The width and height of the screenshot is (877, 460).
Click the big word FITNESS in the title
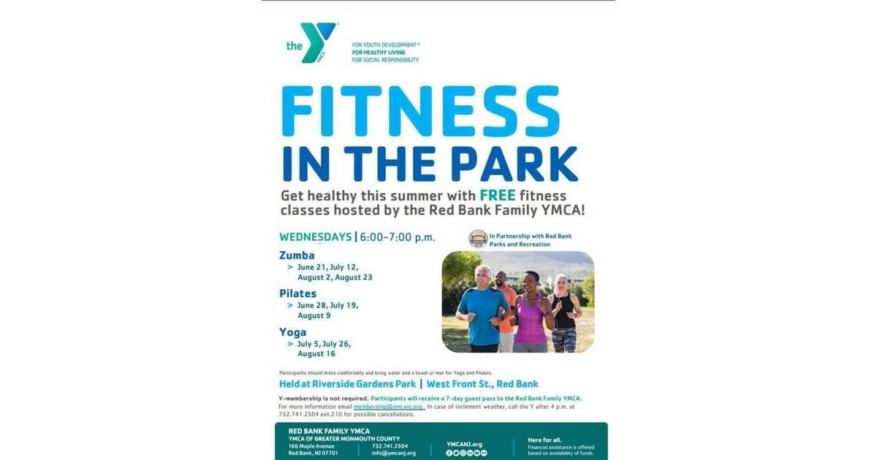[x=420, y=111]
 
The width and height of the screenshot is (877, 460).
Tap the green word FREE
[x=497, y=196]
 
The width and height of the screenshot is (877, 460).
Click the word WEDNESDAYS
[x=315, y=237]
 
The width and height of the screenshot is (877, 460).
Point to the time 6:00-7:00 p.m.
[x=398, y=237]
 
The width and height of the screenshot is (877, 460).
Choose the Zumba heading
[x=297, y=256]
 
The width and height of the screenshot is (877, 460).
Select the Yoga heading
[x=292, y=332]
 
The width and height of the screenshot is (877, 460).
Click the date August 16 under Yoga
[x=316, y=354]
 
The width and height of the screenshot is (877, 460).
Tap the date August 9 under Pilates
[x=314, y=315]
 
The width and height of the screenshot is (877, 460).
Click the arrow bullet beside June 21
[x=290, y=267]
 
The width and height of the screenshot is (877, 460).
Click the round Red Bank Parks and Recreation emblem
[x=478, y=239]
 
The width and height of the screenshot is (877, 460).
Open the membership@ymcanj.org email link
[x=389, y=406]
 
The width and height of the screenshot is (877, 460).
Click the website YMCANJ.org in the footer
[x=465, y=444]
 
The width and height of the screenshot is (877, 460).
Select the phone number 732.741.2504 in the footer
[x=390, y=445]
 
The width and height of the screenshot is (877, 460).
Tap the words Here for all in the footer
[x=544, y=440]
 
